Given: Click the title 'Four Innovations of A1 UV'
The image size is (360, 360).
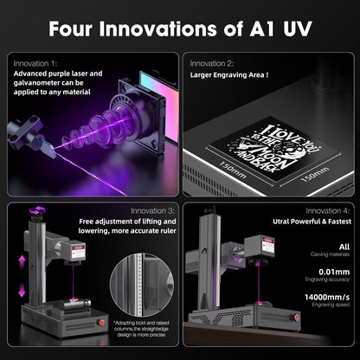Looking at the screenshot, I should coord(179,28).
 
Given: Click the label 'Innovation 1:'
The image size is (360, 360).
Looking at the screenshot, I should coord(35,63).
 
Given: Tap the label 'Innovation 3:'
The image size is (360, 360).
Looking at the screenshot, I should coord(152,210).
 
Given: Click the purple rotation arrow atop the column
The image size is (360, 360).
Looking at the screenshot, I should coord(38,209).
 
